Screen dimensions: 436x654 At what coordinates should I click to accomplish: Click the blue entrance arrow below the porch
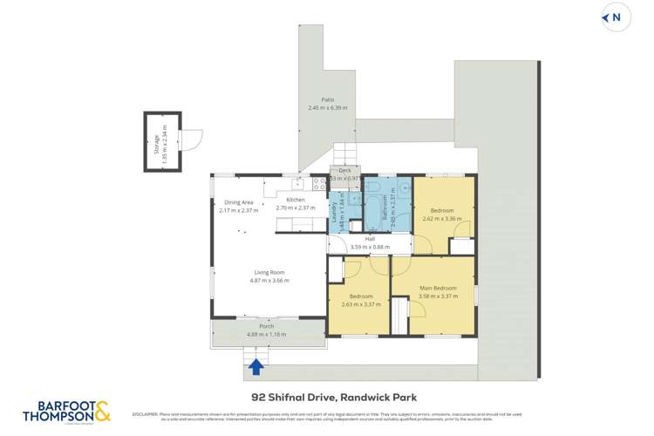click(x=256, y=367)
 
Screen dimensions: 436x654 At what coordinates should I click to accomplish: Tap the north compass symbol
click(x=616, y=17)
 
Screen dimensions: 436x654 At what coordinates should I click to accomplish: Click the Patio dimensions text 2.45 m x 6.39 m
click(x=327, y=108)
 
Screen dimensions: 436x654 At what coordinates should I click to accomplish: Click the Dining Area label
click(x=238, y=202)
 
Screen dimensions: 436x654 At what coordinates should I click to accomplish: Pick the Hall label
click(x=369, y=239)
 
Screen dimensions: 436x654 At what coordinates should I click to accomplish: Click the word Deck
click(x=344, y=171)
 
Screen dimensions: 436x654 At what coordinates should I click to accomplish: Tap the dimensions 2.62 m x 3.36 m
click(x=441, y=219)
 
